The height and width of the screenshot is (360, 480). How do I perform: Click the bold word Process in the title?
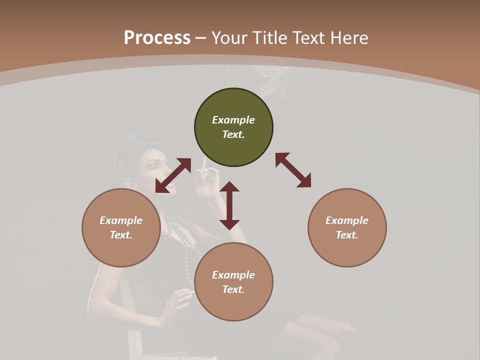pyautogui.click(x=157, y=38)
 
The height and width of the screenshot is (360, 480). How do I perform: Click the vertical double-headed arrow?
pyautogui.click(x=229, y=205)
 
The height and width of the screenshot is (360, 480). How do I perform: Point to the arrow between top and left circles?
pyautogui.click(x=173, y=175)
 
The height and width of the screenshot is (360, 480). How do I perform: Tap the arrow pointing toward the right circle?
pyautogui.click(x=293, y=170)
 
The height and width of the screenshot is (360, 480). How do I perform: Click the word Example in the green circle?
pyautogui.click(x=233, y=120)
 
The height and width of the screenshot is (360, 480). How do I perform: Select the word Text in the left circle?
pyautogui.click(x=120, y=235)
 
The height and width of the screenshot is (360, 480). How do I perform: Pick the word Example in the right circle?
pyautogui.click(x=347, y=220)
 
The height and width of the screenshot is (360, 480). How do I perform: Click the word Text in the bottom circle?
pyautogui.click(x=233, y=289)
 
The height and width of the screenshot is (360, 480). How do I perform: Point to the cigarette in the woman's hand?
pyautogui.click(x=204, y=164)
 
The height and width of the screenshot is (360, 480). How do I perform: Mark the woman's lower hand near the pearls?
pyautogui.click(x=178, y=300)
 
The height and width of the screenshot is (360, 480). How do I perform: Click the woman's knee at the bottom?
pyautogui.click(x=305, y=325)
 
